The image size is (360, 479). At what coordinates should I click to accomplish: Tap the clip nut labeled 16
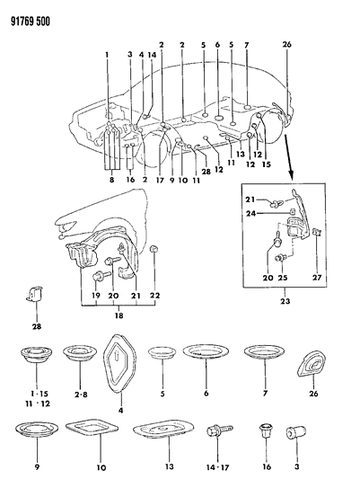(x=267, y=432)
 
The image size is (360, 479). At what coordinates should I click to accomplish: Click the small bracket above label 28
(x=35, y=293)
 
